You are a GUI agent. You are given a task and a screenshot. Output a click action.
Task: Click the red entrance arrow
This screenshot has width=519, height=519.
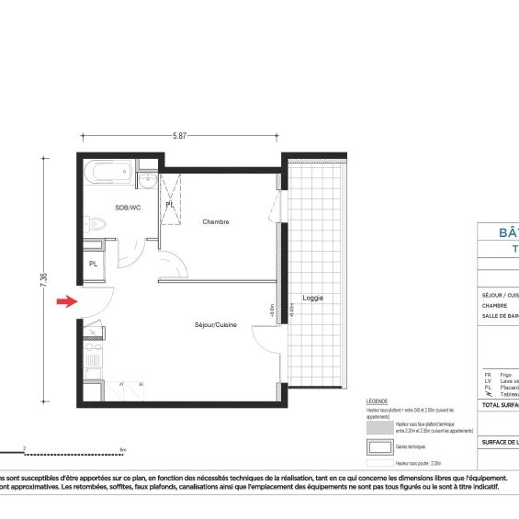coord(65,301)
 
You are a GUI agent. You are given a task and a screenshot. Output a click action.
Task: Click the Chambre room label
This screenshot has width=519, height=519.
coord(216,222)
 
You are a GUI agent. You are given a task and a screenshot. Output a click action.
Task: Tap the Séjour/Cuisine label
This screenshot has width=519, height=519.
coord(216,325)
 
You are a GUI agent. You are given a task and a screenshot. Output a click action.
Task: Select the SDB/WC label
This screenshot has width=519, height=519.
coord(127,209)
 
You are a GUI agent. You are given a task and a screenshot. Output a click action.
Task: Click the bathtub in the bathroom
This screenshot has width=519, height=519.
coord(107,172)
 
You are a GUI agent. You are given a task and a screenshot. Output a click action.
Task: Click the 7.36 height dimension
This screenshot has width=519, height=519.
coord(44,282)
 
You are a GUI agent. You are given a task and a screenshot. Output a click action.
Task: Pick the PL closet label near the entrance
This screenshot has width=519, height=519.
coord(94,264)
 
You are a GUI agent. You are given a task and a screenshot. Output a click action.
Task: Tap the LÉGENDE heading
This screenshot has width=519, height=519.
coord(377,402)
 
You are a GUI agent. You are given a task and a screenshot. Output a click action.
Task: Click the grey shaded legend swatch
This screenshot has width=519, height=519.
coord(379,426)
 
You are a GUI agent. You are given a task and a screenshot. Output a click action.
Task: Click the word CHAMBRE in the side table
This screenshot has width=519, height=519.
coord(494,306)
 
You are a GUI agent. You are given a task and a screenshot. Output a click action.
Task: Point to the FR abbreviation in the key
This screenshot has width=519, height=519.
coord(488,375)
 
